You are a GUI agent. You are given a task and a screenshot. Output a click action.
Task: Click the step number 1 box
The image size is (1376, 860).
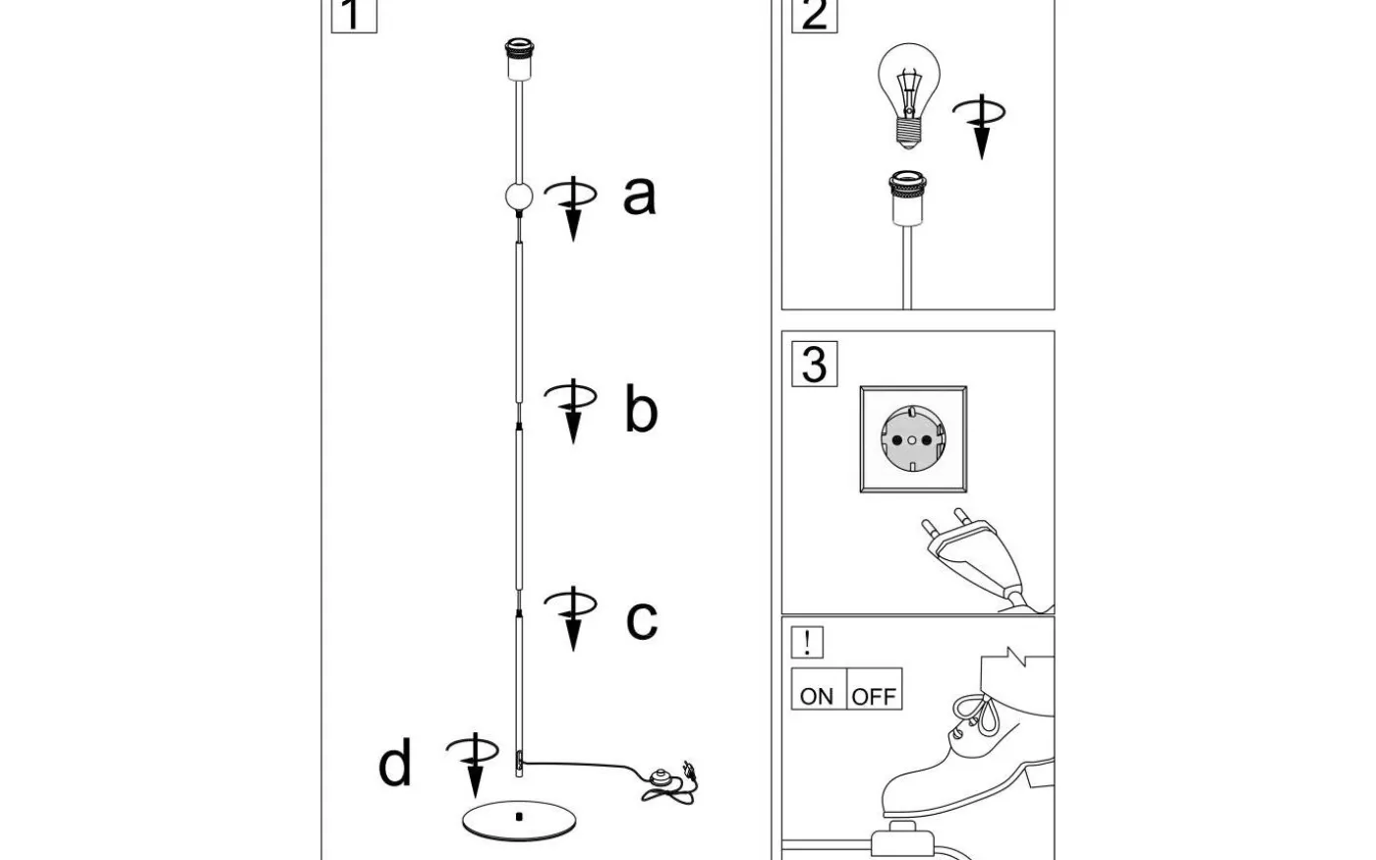point(354,15)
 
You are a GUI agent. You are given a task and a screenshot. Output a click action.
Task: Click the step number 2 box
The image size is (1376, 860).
point(814,15)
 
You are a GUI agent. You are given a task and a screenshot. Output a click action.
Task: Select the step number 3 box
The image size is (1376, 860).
point(814,364)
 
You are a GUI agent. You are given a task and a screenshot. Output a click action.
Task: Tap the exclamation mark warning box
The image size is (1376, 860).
point(807,643)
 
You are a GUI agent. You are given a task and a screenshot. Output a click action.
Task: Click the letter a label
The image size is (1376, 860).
point(639,195)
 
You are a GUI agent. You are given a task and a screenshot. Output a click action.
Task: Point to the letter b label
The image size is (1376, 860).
point(640,409)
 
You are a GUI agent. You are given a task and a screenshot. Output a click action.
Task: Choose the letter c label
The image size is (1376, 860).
point(641,619)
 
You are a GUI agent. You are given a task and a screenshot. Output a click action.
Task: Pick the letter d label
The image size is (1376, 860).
point(395,764)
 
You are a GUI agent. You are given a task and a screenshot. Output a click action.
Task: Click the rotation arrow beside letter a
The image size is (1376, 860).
point(573,206)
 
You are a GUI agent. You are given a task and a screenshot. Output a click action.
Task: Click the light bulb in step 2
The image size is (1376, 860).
point(909,93)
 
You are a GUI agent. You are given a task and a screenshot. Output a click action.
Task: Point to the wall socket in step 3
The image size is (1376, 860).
point(913,439)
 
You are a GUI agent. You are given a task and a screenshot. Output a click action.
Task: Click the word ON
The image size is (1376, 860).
point(817,696)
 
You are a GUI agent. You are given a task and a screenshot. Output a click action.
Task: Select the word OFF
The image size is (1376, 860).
point(874,696)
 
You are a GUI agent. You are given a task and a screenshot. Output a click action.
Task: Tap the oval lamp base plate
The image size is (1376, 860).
point(518,820)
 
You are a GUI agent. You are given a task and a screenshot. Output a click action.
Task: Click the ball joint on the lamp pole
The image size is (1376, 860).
point(518,197)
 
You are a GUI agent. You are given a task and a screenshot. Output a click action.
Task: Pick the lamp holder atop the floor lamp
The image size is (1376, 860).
point(517,60)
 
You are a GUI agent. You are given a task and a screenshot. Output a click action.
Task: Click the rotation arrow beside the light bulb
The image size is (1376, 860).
point(980,124)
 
